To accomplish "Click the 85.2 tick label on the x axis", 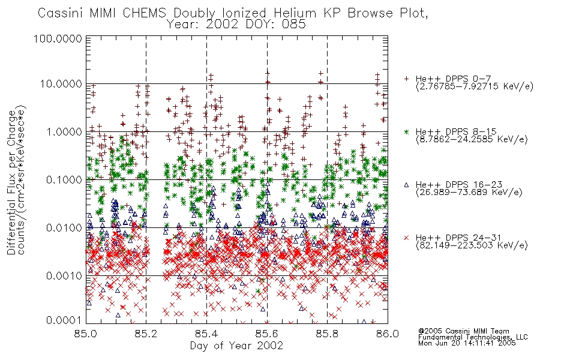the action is [146, 334].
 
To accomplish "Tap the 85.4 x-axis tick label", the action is [206, 334].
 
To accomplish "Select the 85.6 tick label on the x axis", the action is [266, 334].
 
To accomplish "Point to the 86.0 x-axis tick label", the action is [388, 334].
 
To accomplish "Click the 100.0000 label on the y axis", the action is [58, 38].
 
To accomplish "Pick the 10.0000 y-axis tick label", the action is [61, 84].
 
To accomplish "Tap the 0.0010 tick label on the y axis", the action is [64, 276].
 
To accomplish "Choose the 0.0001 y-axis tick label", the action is [64, 320].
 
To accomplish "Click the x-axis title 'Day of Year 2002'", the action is [236, 346].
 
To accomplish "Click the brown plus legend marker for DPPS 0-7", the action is [406, 79].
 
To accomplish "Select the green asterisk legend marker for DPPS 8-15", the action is [406, 131].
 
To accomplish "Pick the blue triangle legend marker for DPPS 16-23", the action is [406, 185].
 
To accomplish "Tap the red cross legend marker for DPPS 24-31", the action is [406, 238].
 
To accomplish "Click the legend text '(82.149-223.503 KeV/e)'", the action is [472, 245].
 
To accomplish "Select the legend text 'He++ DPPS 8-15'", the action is [456, 131].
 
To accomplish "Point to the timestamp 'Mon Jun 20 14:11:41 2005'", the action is [467, 343].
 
